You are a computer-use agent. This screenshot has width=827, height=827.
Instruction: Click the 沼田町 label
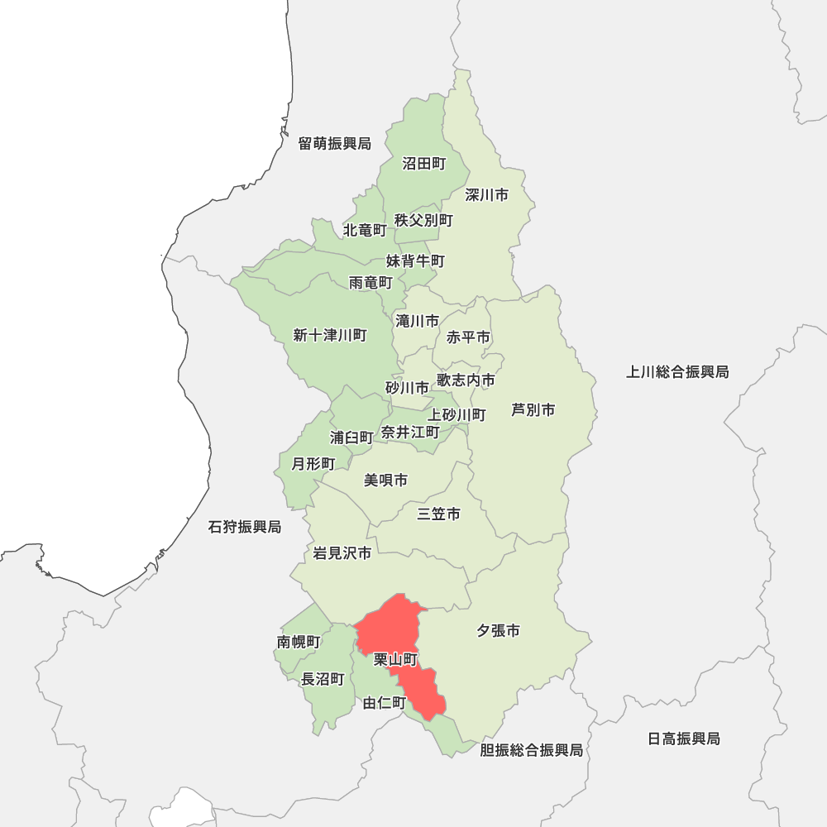(423, 164)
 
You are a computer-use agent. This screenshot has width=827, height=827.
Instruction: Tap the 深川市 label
(486, 195)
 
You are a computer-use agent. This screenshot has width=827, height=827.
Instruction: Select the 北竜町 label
(365, 229)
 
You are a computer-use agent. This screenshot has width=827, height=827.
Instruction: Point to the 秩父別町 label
(423, 220)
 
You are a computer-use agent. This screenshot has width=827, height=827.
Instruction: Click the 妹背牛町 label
(415, 261)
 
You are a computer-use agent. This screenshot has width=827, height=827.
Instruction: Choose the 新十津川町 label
(330, 335)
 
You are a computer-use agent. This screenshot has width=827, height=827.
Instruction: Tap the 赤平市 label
(468, 337)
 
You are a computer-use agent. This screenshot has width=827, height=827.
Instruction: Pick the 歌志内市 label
(466, 380)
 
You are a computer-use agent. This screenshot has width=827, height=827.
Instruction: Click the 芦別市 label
(533, 409)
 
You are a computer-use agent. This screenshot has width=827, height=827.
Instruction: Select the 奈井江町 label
(410, 432)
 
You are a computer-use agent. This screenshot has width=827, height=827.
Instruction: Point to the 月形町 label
(313, 464)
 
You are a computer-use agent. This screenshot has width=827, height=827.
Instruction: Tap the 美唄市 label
(385, 480)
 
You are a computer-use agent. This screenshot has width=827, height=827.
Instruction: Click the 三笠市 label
(438, 514)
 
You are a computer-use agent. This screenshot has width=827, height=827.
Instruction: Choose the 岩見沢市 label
(342, 553)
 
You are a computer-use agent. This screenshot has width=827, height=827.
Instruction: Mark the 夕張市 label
(498, 631)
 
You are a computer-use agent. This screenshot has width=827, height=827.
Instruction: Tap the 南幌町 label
(298, 642)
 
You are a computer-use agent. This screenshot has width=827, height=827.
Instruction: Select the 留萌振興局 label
(335, 144)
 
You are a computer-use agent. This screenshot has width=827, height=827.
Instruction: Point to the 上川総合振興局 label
(677, 372)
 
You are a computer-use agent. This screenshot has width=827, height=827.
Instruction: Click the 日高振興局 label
(684, 739)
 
